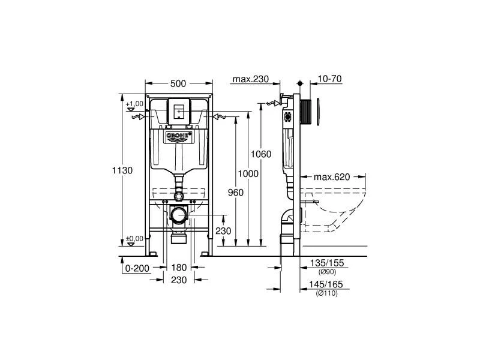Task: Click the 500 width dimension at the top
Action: [178, 83]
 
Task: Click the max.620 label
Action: [332, 177]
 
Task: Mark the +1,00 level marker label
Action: [135, 104]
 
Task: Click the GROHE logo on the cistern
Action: [179, 137]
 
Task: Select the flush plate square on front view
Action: [178, 110]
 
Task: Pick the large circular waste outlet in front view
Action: [178, 214]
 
